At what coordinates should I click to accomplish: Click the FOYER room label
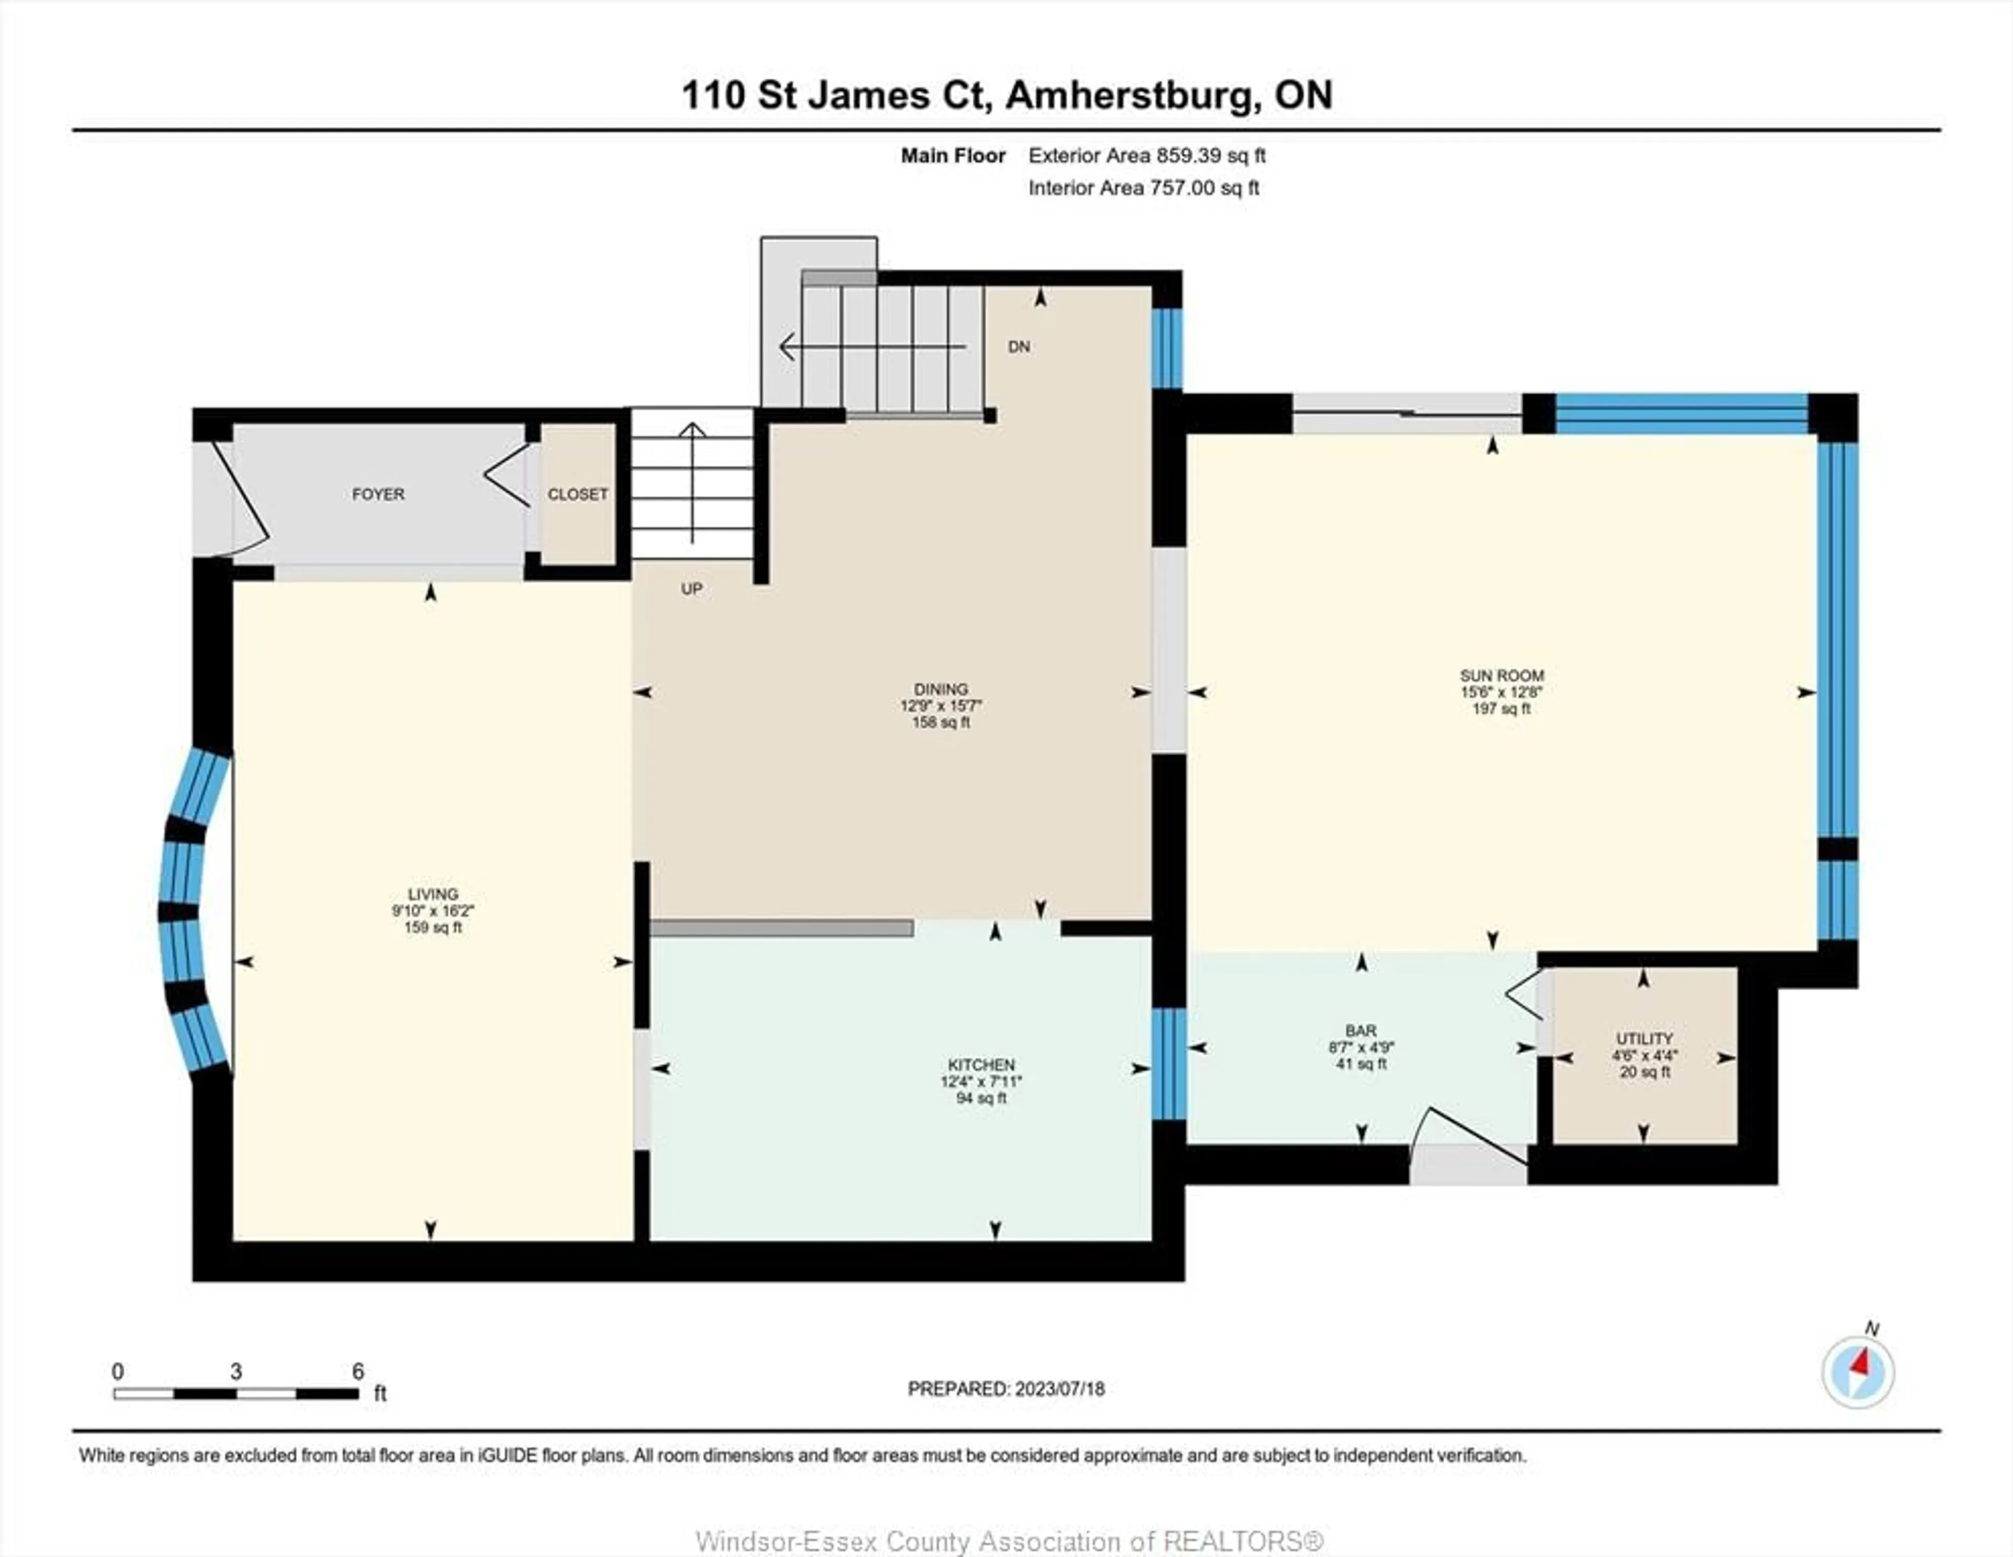click(378, 494)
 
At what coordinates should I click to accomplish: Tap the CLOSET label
click(578, 494)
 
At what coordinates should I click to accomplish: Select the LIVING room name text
click(433, 894)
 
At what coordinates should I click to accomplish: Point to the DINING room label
click(941, 689)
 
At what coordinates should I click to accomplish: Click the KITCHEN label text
click(982, 1065)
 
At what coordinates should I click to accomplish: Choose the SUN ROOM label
click(1501, 676)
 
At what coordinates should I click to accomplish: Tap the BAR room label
click(1361, 1031)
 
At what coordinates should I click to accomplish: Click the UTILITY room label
click(1644, 1039)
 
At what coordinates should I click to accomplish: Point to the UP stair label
click(692, 589)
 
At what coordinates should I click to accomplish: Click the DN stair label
click(1019, 347)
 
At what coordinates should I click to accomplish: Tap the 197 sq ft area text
click(1501, 709)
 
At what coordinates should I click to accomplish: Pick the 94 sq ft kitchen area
click(982, 1099)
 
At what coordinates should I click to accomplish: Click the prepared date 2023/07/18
click(1059, 1389)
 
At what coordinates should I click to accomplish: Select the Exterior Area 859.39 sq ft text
click(1146, 156)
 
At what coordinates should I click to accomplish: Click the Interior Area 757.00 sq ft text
click(1144, 188)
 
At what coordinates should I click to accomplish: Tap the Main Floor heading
click(953, 156)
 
